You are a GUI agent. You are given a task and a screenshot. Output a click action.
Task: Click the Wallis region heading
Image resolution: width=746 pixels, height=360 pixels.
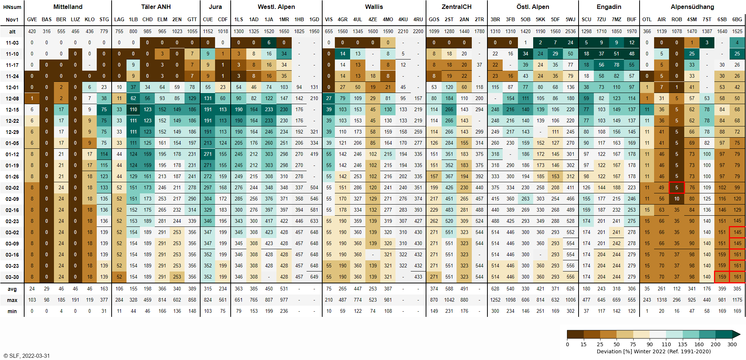pyautogui.click(x=374, y=7)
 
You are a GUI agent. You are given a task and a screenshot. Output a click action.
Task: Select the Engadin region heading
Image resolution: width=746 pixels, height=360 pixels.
pyautogui.click(x=609, y=7)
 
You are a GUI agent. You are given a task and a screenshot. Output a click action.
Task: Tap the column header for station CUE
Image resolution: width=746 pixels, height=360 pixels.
pyautogui.click(x=208, y=19)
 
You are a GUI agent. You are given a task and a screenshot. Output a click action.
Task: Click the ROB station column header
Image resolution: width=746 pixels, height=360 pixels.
pyautogui.click(x=676, y=19)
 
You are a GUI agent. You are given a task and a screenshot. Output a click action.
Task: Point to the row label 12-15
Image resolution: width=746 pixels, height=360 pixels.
pyautogui.click(x=12, y=110)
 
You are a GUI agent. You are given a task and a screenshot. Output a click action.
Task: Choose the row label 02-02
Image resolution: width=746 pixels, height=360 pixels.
pyautogui.click(x=12, y=188)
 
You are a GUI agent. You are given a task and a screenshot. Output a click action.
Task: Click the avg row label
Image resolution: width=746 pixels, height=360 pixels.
pyautogui.click(x=12, y=289)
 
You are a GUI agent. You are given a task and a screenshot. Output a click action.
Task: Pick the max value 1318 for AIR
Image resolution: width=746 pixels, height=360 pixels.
pyautogui.click(x=662, y=300)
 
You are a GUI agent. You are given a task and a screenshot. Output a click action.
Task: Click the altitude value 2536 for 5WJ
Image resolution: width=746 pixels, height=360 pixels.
pyautogui.click(x=570, y=31)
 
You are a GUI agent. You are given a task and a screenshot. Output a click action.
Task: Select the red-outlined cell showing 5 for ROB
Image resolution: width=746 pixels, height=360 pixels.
pyautogui.click(x=676, y=188)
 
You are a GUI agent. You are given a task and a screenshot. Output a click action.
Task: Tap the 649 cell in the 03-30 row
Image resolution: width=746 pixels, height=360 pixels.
pyautogui.click(x=314, y=277)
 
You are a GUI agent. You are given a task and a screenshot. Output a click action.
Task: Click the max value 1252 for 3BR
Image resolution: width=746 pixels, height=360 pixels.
pyautogui.click(x=495, y=300)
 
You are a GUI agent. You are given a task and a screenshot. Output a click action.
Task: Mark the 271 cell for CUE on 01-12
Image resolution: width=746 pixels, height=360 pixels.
pyautogui.click(x=208, y=154)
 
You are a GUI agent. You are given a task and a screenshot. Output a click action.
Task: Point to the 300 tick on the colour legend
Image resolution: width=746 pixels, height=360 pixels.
pyautogui.click(x=732, y=344)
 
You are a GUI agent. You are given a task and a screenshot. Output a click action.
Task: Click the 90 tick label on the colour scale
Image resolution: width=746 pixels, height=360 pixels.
pyautogui.click(x=650, y=344)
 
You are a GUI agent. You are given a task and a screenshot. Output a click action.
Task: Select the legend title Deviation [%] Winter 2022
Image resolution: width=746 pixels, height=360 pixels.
pyautogui.click(x=653, y=351)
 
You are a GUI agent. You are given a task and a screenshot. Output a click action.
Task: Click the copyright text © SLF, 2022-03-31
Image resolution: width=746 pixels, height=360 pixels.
pyautogui.click(x=26, y=356)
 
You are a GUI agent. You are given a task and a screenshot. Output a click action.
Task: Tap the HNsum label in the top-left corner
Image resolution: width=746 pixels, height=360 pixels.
pyautogui.click(x=12, y=7)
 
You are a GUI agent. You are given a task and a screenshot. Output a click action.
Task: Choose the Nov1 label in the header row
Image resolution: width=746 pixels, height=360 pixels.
pyautogui.click(x=12, y=20)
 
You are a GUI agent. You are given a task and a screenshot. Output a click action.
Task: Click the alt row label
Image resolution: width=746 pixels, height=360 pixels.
pyautogui.click(x=12, y=32)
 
